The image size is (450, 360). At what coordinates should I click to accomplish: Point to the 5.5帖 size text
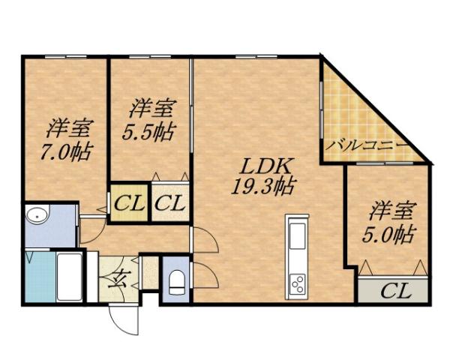[149, 131]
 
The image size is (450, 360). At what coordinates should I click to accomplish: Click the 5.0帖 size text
[388, 234]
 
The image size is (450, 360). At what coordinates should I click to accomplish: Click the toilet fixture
[177, 281]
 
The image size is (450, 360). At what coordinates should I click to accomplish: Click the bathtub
[69, 275]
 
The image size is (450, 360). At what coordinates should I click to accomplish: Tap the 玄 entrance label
[118, 283]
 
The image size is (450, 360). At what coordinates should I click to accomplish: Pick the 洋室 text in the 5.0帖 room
[388, 209]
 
